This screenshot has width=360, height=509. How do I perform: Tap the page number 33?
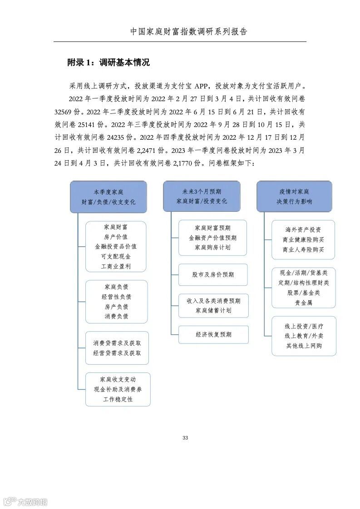pyautogui.click(x=185, y=438)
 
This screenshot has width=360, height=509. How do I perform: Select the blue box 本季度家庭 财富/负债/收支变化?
pyautogui.click(x=108, y=196)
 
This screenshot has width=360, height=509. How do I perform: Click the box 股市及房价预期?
pyautogui.click(x=213, y=275)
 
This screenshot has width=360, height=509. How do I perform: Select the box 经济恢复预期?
pyautogui.click(x=213, y=334)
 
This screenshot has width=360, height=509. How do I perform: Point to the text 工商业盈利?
pyautogui.click(x=116, y=266)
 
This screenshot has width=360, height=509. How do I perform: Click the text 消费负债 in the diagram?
pyautogui.click(x=116, y=316)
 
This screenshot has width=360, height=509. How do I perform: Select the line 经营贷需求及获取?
pyautogui.click(x=117, y=352)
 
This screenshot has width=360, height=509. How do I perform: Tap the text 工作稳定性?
pyautogui.click(x=118, y=399)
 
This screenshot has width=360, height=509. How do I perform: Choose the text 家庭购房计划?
pyautogui.click(x=212, y=248)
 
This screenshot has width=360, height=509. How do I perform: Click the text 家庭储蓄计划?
pyautogui.click(x=213, y=310)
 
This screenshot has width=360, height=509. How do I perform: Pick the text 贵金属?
pyautogui.click(x=303, y=303)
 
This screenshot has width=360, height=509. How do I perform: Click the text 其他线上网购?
pyautogui.click(x=304, y=346)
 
